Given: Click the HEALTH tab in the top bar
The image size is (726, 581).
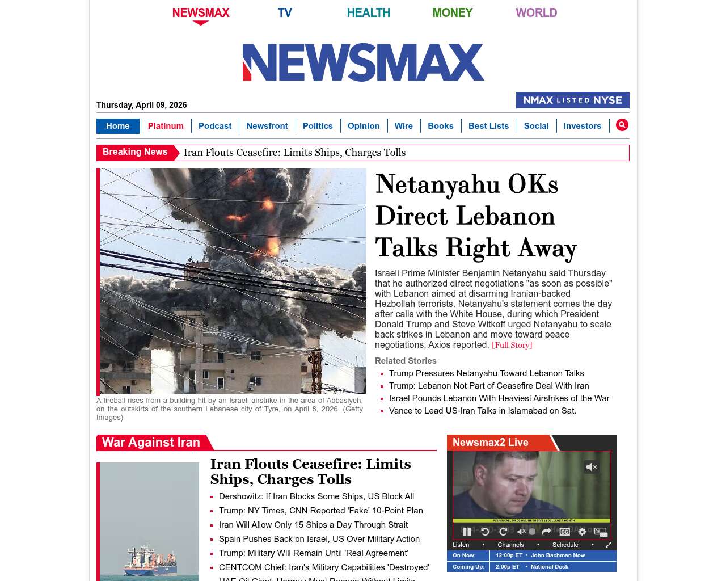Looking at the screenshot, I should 368,12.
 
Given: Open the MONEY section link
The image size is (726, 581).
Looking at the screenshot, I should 452,12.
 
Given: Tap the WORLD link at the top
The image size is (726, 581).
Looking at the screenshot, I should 536,12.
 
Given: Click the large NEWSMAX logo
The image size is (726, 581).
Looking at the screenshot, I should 363,62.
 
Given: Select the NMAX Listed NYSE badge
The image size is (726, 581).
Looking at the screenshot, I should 572,100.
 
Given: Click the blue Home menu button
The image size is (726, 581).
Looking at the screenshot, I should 117,126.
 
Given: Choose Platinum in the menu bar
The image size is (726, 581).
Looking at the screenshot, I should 166,126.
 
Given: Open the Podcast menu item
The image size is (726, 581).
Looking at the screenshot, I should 215,126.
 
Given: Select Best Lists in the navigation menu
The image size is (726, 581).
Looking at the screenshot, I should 488,126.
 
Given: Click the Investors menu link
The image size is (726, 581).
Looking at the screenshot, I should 582,126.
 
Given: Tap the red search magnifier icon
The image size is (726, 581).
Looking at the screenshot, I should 622,125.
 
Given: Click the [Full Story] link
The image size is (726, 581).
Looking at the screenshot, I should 512,345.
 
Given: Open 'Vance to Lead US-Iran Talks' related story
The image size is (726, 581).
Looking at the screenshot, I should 482,411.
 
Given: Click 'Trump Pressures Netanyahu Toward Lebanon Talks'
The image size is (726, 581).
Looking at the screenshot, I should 486,373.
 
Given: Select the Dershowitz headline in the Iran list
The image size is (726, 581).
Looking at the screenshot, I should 316,496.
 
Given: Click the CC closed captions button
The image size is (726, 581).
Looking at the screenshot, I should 565,532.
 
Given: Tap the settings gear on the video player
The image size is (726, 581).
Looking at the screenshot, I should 582,532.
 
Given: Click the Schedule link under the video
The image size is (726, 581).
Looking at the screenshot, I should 565,545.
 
